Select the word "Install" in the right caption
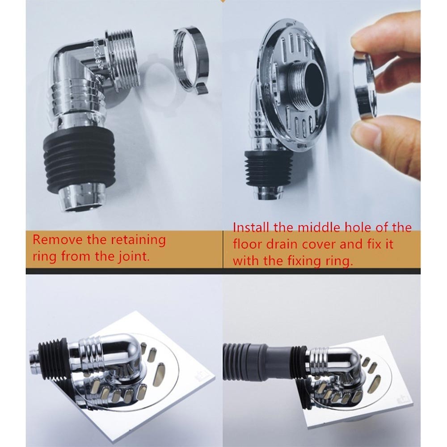(x=251, y=228)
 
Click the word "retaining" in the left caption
(x=138, y=240)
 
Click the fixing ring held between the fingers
(x=364, y=85)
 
